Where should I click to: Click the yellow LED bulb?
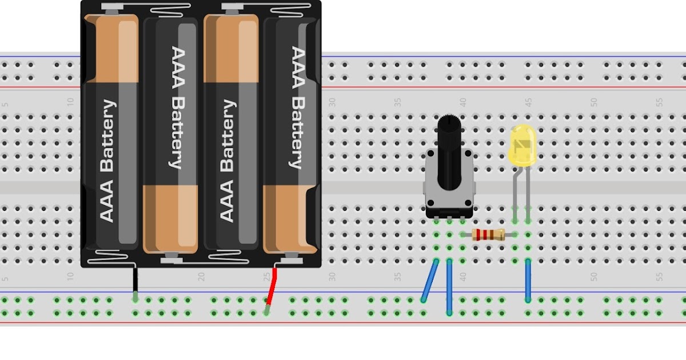point(522,146)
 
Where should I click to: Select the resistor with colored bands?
point(489,234)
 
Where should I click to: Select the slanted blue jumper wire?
point(429,280)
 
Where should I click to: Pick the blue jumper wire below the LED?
point(528,280)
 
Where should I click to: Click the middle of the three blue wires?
point(449,286)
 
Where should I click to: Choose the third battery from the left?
point(230,131)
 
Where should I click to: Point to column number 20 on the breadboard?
point(201,277)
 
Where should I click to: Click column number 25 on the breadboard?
point(266,277)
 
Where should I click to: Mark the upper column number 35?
point(397,102)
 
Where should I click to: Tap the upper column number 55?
point(659,102)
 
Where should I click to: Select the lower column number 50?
point(594,277)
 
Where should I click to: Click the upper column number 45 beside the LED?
point(528,102)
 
